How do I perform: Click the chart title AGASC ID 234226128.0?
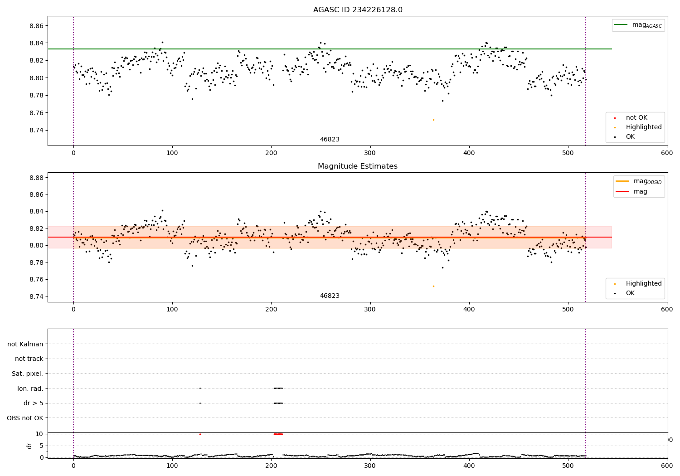pos(358,10)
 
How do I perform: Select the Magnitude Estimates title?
pos(358,166)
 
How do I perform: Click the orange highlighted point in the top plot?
pos(433,120)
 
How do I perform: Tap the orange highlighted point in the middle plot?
pos(433,286)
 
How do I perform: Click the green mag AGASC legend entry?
pos(638,25)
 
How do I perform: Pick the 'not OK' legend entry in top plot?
pos(636,118)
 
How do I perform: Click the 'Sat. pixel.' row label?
pos(27,374)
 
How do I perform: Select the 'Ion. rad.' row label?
pos(30,389)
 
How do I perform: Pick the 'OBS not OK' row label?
pos(25,418)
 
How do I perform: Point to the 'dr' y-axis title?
pos(29,446)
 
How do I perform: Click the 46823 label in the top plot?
pos(330,140)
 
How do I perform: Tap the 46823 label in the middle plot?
pos(330,296)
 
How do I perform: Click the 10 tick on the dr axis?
pos(39,434)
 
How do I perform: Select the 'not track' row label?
pos(29,359)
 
